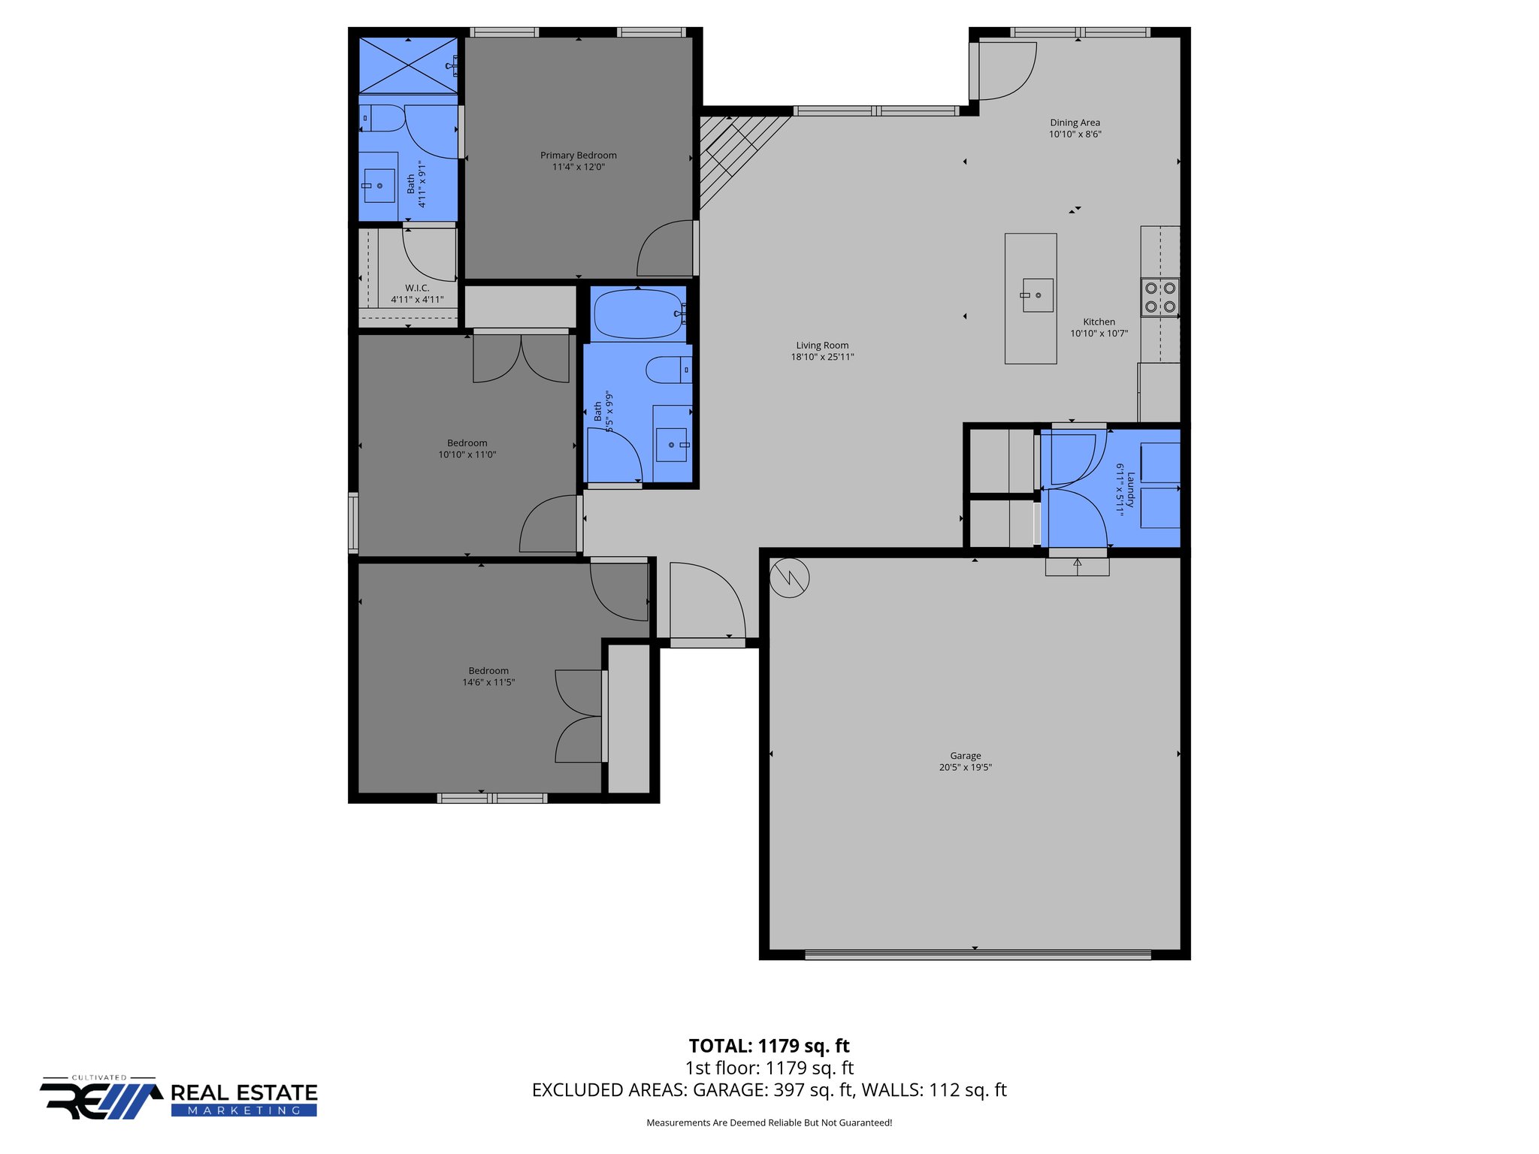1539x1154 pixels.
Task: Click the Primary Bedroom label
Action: pyautogui.click(x=578, y=156)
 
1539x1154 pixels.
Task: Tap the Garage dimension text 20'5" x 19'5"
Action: pyautogui.click(x=965, y=767)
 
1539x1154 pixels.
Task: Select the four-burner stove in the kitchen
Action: pyautogui.click(x=1160, y=298)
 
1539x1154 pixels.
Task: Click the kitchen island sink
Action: pyautogui.click(x=1037, y=295)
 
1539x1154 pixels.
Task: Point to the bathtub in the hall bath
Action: pyautogui.click(x=639, y=315)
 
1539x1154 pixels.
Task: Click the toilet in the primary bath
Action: pyautogui.click(x=384, y=119)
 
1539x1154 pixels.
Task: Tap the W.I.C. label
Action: pyautogui.click(x=417, y=288)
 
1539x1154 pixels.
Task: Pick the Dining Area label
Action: pyautogui.click(x=1075, y=122)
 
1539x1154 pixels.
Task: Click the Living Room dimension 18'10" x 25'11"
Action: pyautogui.click(x=822, y=357)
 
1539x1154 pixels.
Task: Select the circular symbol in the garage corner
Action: pyautogui.click(x=789, y=578)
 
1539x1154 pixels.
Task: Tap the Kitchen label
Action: pyautogui.click(x=1099, y=322)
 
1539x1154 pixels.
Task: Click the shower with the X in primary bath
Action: pyautogui.click(x=408, y=65)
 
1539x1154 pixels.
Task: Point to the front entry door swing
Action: pyautogui.click(x=706, y=601)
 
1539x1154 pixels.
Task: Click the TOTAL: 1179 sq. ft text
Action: pyautogui.click(x=769, y=1046)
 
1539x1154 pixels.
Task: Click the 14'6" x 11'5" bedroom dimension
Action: pyautogui.click(x=488, y=682)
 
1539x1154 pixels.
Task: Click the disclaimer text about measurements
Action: pyautogui.click(x=769, y=1122)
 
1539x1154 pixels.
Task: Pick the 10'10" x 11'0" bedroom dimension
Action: pyautogui.click(x=467, y=455)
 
